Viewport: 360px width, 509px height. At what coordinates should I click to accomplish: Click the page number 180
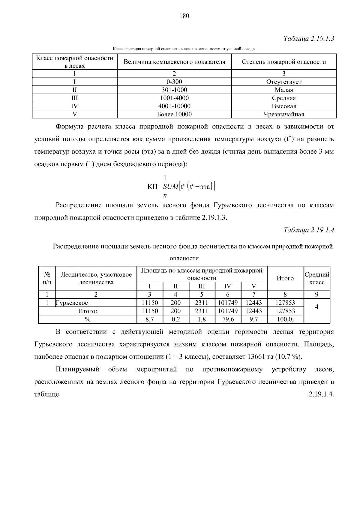pos(184,16)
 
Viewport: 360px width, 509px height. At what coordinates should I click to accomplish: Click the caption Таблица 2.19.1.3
pos(309,39)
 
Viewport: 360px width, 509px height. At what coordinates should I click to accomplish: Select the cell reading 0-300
pos(174,82)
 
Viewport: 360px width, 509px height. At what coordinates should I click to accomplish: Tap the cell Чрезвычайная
pos(284,114)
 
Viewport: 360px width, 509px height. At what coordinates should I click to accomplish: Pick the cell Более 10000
pos(174,114)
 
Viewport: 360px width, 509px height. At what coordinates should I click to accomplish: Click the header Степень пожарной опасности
pos(284,62)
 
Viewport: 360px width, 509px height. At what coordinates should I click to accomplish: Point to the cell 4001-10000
pos(174,106)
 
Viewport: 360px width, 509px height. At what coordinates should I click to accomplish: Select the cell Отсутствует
pos(284,82)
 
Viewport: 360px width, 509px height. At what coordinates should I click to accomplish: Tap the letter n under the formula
pos(165,196)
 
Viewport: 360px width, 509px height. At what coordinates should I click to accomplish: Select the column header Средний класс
pos(317,278)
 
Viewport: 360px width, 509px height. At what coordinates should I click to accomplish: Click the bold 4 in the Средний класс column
pos(317,307)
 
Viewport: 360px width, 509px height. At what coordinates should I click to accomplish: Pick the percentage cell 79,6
pos(228,319)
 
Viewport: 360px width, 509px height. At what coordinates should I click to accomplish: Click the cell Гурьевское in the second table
pos(72,303)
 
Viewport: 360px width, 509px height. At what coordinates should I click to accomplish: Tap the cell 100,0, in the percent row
pos(285,319)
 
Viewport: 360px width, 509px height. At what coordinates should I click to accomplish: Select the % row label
pos(88,319)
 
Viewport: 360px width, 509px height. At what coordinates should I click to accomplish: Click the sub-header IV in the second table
pos(228,286)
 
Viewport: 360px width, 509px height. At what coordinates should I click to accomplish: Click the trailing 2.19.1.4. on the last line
pos(321,394)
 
